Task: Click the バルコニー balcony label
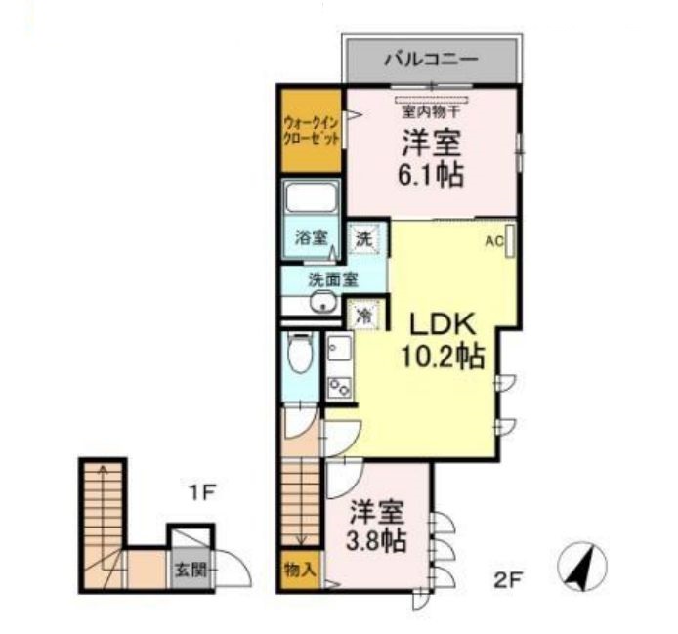tap(431, 59)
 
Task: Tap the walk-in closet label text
tap(312, 131)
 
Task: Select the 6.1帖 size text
tap(431, 174)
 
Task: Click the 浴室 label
tap(311, 237)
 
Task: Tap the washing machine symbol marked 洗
tap(364, 238)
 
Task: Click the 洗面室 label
tap(333, 279)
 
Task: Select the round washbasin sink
tap(323, 301)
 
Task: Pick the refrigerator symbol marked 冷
tap(364, 316)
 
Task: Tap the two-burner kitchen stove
tap(339, 386)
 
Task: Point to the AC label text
tap(494, 242)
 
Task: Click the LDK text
tap(443, 325)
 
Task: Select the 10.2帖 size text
tap(443, 357)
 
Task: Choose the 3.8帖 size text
tap(376, 539)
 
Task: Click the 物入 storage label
tap(299, 570)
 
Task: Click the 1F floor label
tap(201, 493)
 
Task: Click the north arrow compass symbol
tap(582, 566)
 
